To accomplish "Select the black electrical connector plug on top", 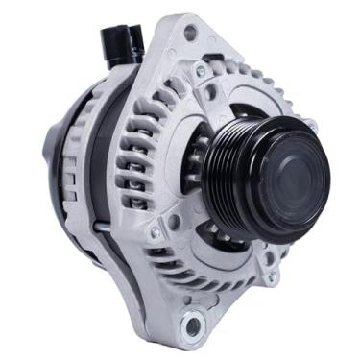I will point(116,43).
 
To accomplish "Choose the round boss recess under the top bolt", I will point(209,91).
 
